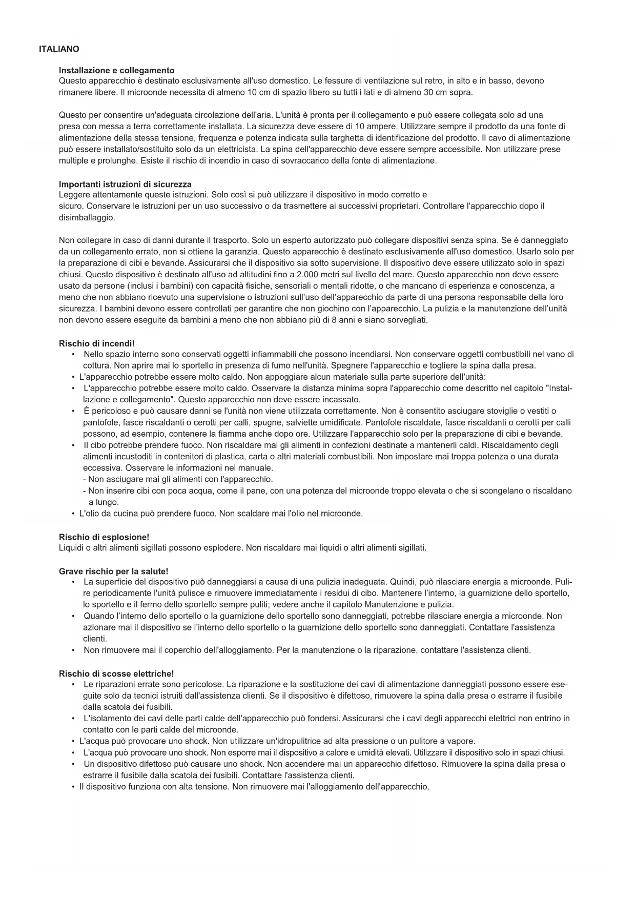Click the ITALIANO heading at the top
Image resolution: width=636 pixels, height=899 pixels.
[59, 49]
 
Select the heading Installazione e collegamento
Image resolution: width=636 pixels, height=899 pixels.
[116, 70]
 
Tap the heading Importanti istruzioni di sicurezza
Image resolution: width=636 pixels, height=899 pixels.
[125, 184]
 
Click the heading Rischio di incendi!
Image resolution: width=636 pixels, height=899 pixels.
[96, 343]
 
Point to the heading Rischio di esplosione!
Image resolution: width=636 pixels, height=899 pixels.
[104, 537]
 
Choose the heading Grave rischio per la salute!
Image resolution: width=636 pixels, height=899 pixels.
[113, 571]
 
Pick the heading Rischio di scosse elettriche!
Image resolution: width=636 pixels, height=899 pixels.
[116, 673]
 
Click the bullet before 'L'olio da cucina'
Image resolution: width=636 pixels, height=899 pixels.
[74, 514]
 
